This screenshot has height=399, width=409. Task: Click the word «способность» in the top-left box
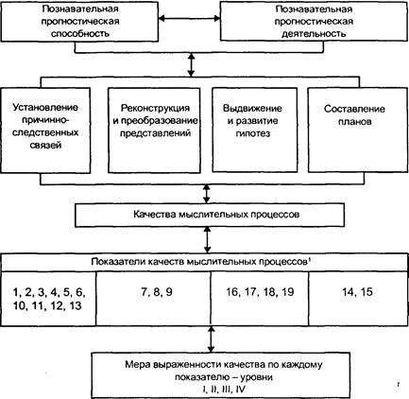[x=80, y=33]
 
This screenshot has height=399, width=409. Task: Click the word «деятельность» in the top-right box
[x=314, y=34]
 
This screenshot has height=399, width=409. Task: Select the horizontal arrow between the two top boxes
[x=189, y=18]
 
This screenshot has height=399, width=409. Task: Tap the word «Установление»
[x=45, y=107]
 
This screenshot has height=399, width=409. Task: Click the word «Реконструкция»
[x=155, y=108]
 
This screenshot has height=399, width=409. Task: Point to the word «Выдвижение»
[x=252, y=109]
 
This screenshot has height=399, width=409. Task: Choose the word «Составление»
[x=354, y=109]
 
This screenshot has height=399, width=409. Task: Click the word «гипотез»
[x=253, y=133]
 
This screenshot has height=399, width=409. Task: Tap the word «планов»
[x=355, y=122]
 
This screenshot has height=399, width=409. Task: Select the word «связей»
[x=45, y=146]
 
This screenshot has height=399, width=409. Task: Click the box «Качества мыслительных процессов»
[x=210, y=215]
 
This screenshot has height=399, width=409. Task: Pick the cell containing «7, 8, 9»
[x=153, y=299]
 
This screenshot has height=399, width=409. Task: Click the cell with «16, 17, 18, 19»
[x=260, y=299]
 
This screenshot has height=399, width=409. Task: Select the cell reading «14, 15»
[x=358, y=299]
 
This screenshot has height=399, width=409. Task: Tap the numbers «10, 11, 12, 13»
[x=47, y=305]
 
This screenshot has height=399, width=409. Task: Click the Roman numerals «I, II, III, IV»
[x=224, y=390]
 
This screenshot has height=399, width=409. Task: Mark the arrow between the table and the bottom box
[x=211, y=339]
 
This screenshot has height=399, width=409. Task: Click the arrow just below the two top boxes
[x=191, y=64]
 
